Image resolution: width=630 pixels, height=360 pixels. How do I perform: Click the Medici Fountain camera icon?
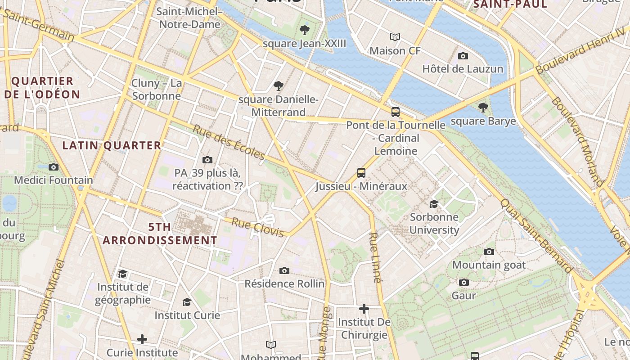54,167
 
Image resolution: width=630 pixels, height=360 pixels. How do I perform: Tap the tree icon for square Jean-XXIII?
305,30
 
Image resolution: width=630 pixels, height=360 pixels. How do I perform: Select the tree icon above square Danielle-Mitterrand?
279,85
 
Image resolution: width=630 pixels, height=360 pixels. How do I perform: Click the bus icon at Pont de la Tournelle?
396,112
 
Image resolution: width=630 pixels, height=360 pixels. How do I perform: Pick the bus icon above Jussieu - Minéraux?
361,173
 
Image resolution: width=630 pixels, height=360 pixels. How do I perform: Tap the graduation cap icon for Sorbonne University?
434,204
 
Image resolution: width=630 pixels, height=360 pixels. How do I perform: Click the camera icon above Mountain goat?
489,252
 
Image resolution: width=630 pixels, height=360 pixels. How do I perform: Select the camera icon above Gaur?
463,282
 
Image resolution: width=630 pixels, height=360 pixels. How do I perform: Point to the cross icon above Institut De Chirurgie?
364,309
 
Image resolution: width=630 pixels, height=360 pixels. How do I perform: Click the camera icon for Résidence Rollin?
284,270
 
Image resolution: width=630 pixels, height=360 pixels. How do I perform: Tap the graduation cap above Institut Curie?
187,302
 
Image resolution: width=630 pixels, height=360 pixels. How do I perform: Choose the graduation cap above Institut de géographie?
122,274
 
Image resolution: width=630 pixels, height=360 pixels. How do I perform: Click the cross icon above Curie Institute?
142,339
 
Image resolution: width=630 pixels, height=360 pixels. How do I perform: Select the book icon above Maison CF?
395,37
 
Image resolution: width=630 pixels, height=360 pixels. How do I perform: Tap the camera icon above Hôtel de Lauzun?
463,56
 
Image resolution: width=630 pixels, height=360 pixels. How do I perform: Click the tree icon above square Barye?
483,108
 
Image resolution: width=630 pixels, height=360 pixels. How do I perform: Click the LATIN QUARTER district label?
112,145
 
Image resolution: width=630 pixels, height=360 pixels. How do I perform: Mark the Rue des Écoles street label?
229,142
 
